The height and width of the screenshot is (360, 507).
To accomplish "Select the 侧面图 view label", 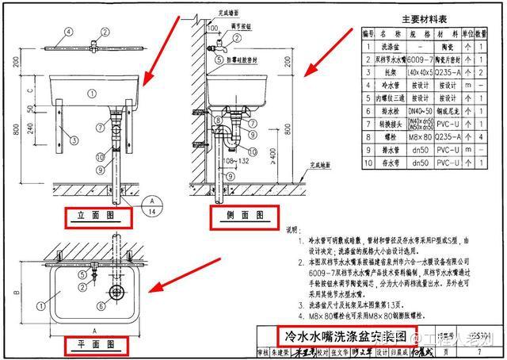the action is coord(243,215).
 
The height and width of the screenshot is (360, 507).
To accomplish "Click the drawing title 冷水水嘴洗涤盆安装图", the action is coord(337,335).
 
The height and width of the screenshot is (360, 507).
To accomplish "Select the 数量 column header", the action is coord(482,34).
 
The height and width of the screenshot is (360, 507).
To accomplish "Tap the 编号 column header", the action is coord(368,34).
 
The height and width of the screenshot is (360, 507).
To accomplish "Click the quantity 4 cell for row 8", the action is coord(482,136).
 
